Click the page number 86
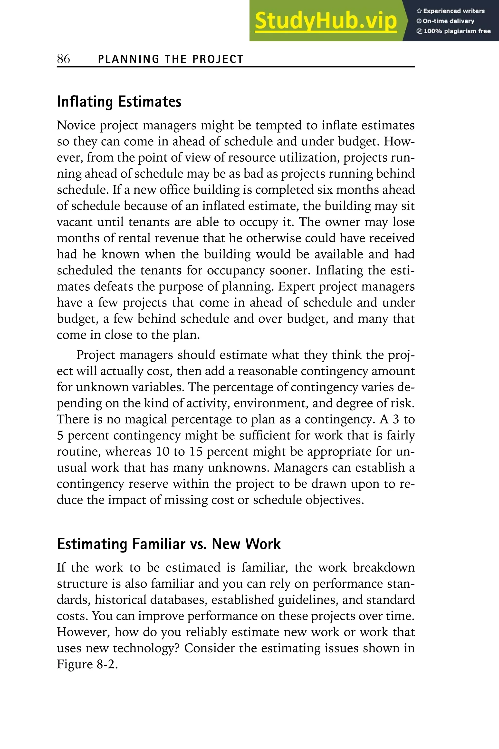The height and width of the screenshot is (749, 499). [x=63, y=59]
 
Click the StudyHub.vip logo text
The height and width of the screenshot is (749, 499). [x=326, y=21]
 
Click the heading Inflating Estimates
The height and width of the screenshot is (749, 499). [x=119, y=102]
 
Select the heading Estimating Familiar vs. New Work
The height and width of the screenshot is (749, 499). [x=169, y=544]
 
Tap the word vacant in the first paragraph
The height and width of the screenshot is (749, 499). [x=75, y=222]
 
